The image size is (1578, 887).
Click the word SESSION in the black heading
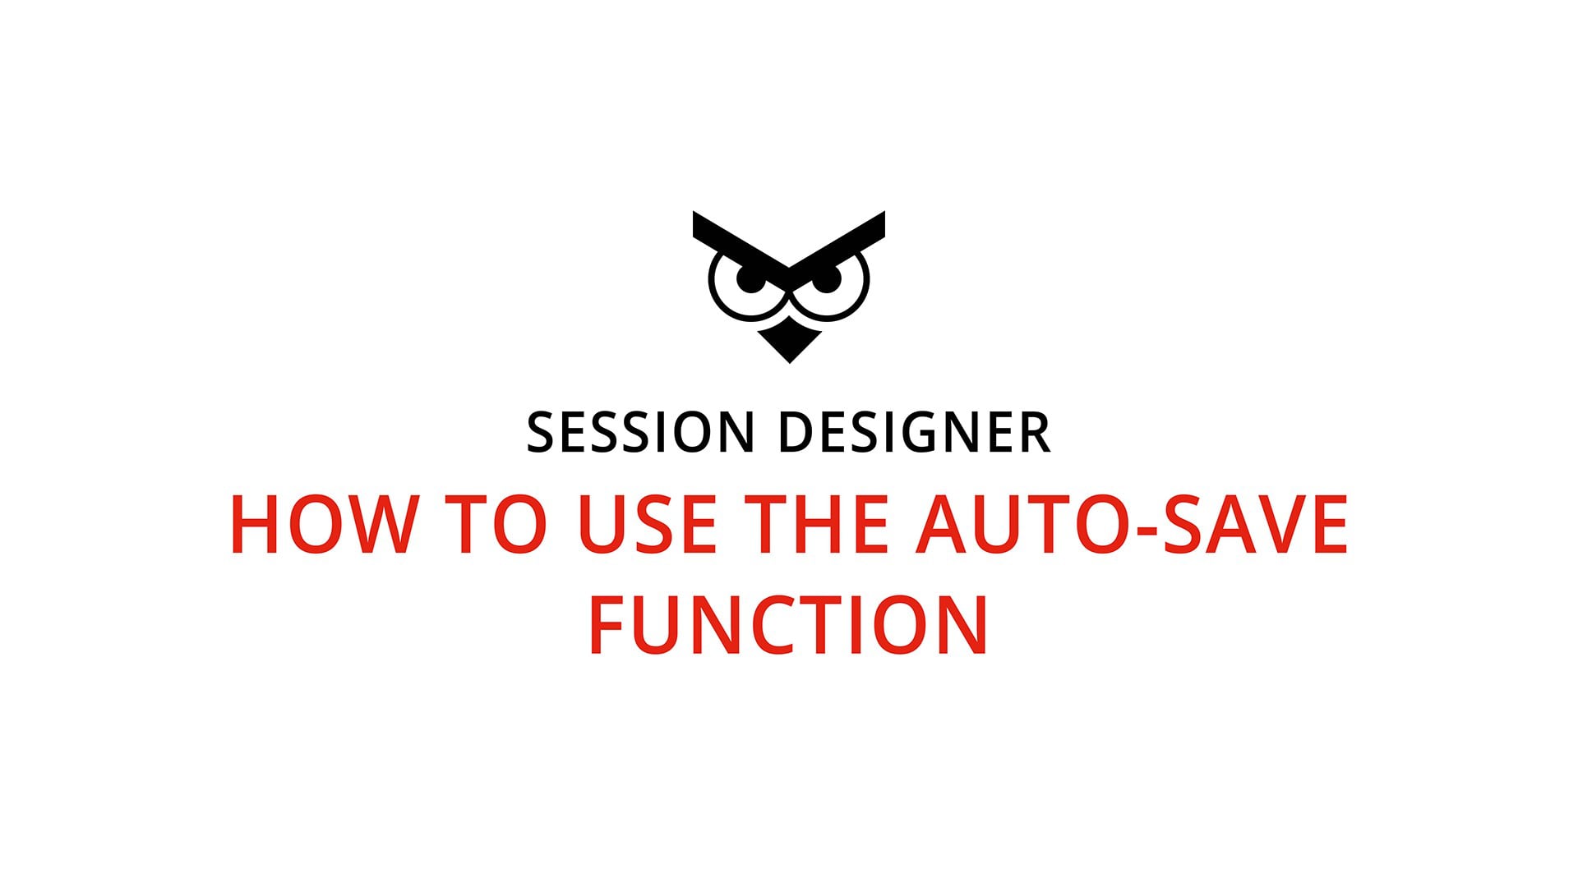point(640,433)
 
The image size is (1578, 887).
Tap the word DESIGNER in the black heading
point(914,433)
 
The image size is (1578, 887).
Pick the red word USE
point(648,525)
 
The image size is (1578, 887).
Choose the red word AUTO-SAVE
point(1132,525)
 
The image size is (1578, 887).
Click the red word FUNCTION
point(788,625)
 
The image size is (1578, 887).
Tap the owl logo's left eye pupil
point(749,279)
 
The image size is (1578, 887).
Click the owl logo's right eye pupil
point(828,279)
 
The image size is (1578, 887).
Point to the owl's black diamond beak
point(789,343)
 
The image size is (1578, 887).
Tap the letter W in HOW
point(376,525)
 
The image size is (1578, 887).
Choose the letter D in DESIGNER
point(796,433)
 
